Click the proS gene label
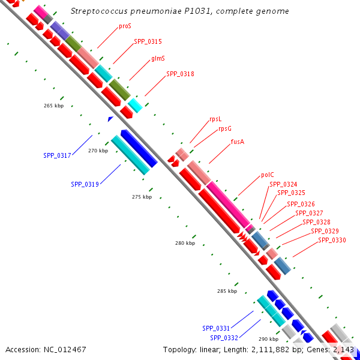[x=125, y=26]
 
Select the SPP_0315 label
[x=148, y=42]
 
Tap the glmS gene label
[x=158, y=58]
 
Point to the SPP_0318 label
[x=180, y=74]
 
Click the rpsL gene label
[x=215, y=119]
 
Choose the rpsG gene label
[x=225, y=128]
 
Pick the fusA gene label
[x=238, y=142]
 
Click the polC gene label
[x=268, y=175]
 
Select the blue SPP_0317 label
[x=57, y=156]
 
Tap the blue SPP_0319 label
[x=85, y=185]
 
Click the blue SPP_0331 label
[x=216, y=328]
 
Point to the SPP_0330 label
[x=332, y=240]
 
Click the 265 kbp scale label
[x=53, y=106]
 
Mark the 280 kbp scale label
[x=185, y=244]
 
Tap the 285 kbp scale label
[x=227, y=292]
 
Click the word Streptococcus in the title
[x=99, y=11]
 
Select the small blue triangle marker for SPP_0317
[x=110, y=119]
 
